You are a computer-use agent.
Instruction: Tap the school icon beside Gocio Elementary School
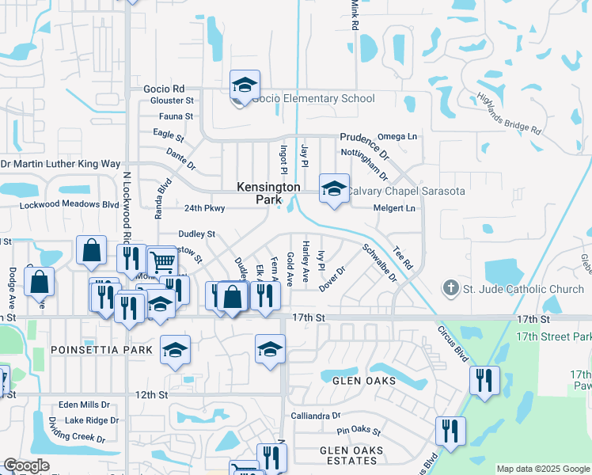click(x=245, y=85)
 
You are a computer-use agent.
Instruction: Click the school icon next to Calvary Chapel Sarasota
click(x=334, y=189)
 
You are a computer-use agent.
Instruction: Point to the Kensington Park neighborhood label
click(x=268, y=193)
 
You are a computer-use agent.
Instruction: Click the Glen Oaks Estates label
click(x=351, y=456)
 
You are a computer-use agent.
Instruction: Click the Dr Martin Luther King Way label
click(x=60, y=164)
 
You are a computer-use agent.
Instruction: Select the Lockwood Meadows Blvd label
click(x=69, y=203)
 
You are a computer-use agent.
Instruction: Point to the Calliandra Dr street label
click(x=316, y=415)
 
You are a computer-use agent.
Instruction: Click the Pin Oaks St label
click(x=359, y=432)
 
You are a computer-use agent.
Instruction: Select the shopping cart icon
click(x=161, y=260)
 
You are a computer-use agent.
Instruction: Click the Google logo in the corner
click(x=26, y=465)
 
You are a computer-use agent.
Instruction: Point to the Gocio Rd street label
click(x=164, y=89)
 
